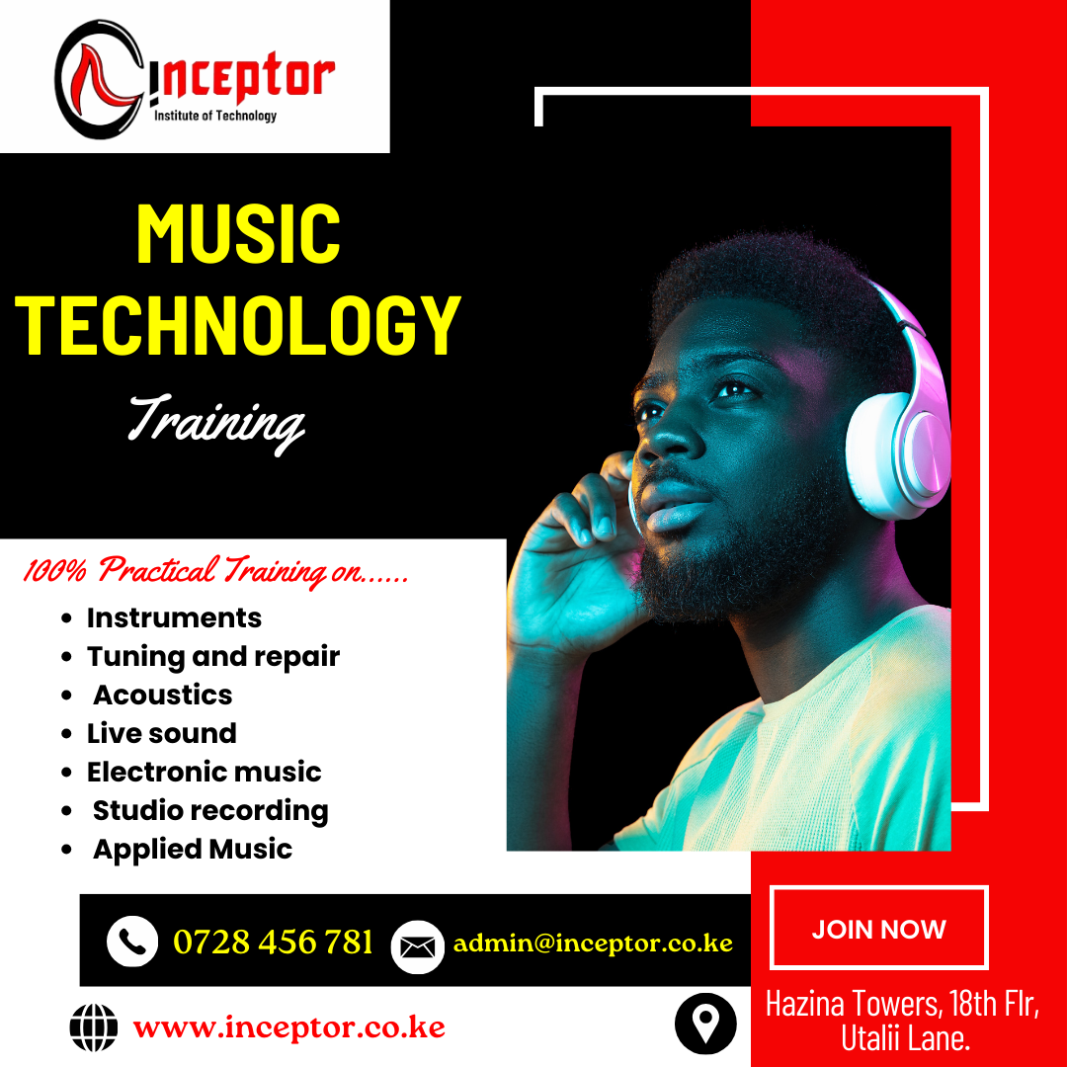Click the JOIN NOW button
878,928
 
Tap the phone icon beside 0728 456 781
132,942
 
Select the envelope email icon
417,946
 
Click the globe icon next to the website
93,1026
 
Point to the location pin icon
705,1024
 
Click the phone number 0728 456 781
273,942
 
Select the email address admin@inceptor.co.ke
593,944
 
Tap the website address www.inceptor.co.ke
289,1026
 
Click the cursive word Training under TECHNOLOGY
216,423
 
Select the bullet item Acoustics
163,695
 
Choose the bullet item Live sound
161,733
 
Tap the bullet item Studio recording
210,810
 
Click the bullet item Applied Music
193,850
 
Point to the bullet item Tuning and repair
213,657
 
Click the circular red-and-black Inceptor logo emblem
100,79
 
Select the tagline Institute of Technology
215,116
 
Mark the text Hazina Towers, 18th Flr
902,1004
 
